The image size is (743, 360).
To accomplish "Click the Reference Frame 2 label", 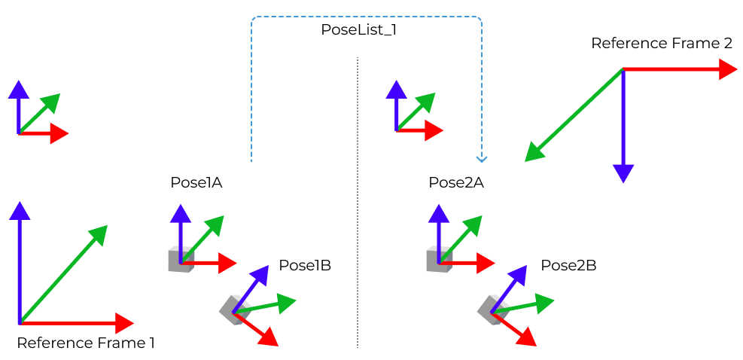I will (x=661, y=43).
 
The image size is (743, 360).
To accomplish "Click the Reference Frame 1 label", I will (x=86, y=343).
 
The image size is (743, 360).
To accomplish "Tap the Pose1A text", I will (x=196, y=182).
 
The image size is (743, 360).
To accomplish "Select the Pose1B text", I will (x=305, y=265).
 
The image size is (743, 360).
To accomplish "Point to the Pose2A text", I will (x=455, y=182).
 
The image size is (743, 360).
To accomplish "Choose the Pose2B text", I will (x=568, y=265).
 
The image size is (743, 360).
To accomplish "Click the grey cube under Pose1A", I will (x=181, y=260).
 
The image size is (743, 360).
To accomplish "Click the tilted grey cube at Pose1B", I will (x=233, y=309).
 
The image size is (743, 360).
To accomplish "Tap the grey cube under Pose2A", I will (x=439, y=260).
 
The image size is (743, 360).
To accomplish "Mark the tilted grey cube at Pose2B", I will (x=491, y=309).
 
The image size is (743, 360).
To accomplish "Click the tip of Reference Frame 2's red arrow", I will (x=729, y=69).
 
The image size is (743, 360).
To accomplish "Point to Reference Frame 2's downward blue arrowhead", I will (x=623, y=174).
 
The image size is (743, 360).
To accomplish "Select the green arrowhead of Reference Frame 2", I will (x=533, y=153).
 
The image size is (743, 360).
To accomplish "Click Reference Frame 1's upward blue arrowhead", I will (x=20, y=209).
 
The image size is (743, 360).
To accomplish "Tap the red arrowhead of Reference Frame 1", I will (x=126, y=322).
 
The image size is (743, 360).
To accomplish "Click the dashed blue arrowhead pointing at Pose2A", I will (x=482, y=159).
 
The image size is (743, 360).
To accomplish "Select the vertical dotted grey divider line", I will (x=358, y=226).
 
